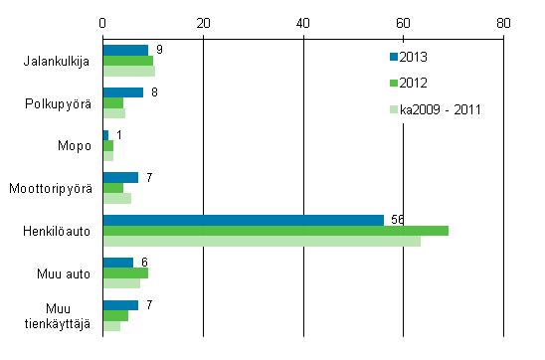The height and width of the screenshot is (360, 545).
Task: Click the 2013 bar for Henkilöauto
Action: point(243,220)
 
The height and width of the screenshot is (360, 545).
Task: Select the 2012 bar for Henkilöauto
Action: point(275,231)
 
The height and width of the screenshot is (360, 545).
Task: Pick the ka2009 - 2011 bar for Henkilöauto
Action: point(262,242)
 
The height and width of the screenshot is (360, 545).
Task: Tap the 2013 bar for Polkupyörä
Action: point(123,92)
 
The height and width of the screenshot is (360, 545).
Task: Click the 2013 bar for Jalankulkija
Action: point(125,50)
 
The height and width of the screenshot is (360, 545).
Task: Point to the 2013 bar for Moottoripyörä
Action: point(120,177)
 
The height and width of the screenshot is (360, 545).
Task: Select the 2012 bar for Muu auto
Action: point(125,272)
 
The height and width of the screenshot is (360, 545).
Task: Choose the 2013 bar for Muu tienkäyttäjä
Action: point(120,305)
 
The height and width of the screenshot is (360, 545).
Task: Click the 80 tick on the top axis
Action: point(503,21)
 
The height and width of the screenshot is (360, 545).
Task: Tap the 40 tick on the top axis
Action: point(303,21)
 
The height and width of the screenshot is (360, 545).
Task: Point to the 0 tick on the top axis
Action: point(103,21)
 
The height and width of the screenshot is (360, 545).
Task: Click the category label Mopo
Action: point(76,145)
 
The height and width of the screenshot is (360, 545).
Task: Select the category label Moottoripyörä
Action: point(50,188)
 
